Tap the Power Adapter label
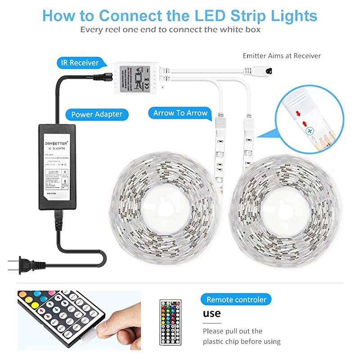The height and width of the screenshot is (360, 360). click(x=96, y=114)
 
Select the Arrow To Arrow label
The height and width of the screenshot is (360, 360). click(x=180, y=112)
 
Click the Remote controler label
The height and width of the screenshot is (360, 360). click(x=236, y=299)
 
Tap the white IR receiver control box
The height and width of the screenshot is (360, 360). click(x=134, y=78)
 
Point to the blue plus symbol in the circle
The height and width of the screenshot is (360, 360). click(x=309, y=130)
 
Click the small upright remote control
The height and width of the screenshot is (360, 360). click(x=172, y=323)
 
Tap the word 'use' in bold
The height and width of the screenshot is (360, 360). click(x=211, y=313)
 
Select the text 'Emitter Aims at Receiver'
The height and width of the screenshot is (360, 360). click(x=282, y=56)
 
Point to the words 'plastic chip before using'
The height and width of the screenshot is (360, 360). click(x=242, y=342)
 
